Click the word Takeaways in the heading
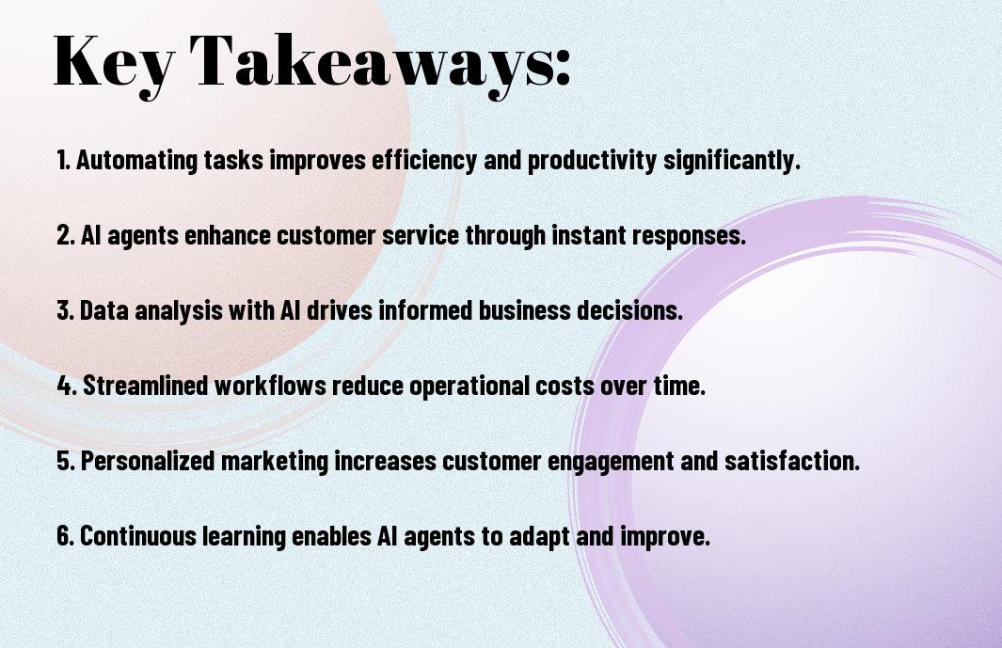coord(367,63)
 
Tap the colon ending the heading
coord(562,69)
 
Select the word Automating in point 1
coord(137,160)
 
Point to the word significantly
coord(732,160)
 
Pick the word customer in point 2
coord(326,235)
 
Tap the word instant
coord(589,235)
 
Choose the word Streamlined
coord(146,386)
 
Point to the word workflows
coord(270,386)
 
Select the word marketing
coord(275,461)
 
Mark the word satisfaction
coord(792,460)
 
